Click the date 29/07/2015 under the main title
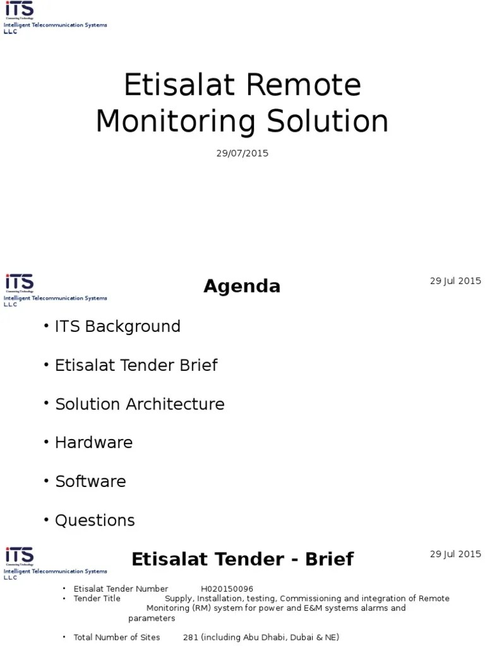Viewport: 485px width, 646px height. pyautogui.click(x=242, y=153)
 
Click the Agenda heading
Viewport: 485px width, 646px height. pyautogui.click(x=242, y=286)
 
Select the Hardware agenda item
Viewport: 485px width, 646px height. pyautogui.click(x=93, y=442)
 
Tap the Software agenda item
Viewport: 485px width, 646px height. pyautogui.click(x=90, y=481)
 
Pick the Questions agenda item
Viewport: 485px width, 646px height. pyautogui.click(x=95, y=520)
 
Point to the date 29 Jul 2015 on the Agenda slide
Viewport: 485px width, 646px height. pyautogui.click(x=455, y=281)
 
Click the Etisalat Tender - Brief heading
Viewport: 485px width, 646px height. pyautogui.click(x=242, y=559)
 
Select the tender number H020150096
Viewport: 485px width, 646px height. pyautogui.click(x=227, y=589)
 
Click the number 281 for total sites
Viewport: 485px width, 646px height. pyautogui.click(x=191, y=637)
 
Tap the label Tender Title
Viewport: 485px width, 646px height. pyautogui.click(x=97, y=598)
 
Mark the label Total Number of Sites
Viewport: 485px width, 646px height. pyautogui.click(x=117, y=637)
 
